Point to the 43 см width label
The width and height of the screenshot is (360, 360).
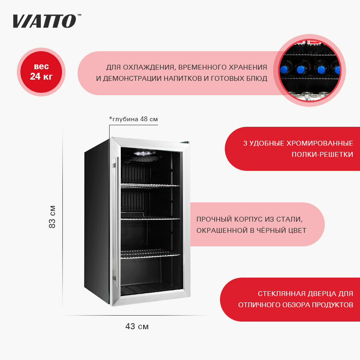137,326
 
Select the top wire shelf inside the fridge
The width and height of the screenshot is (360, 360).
150,186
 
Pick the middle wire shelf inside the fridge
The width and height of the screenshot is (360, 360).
150,218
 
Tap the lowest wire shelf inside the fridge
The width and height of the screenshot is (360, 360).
150,253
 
